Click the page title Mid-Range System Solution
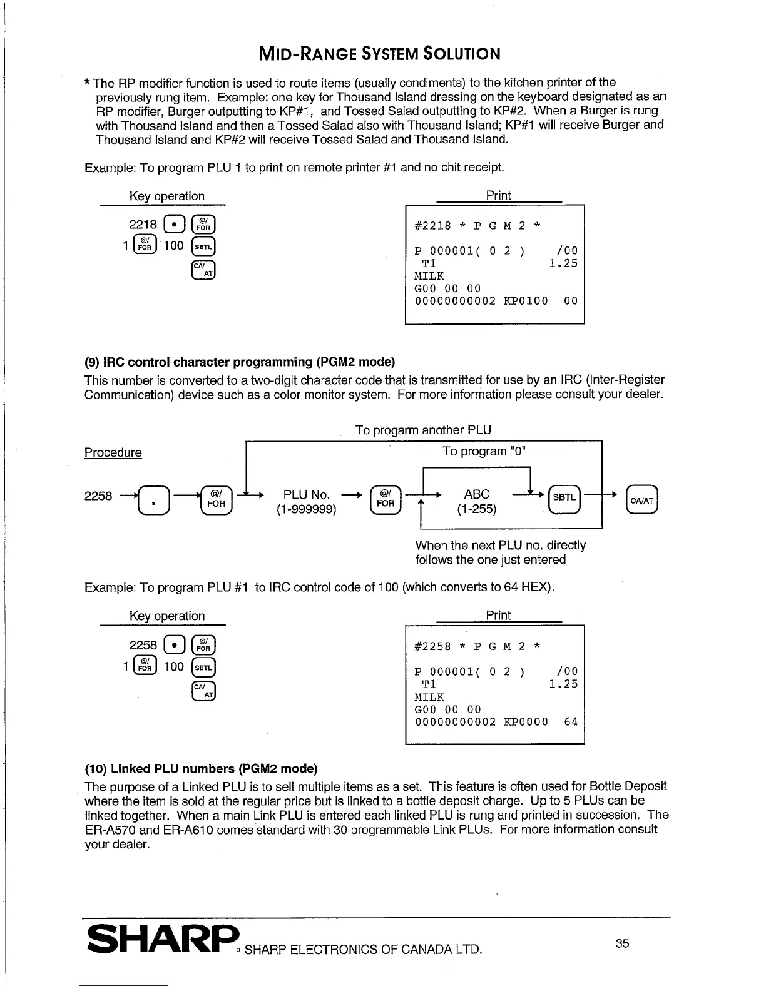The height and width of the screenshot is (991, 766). pyautogui.click(x=379, y=54)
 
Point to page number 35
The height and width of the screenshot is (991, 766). pyautogui.click(x=621, y=943)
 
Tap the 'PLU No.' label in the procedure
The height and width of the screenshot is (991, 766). pyautogui.click(x=307, y=495)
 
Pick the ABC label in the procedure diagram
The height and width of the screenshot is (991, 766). pyautogui.click(x=477, y=494)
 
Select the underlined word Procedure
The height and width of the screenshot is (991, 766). pyautogui.click(x=113, y=452)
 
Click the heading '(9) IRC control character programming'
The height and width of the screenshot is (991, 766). pyautogui.click(x=240, y=362)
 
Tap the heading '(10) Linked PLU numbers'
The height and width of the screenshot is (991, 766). pyautogui.click(x=201, y=768)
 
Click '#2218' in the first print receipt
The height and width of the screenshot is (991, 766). pyautogui.click(x=432, y=226)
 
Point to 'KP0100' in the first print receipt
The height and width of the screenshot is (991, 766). pyautogui.click(x=526, y=301)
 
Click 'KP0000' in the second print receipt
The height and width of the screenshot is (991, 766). pyautogui.click(x=526, y=722)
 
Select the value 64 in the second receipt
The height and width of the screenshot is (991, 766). pyautogui.click(x=571, y=722)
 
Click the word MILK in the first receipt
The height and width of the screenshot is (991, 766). pyautogui.click(x=429, y=276)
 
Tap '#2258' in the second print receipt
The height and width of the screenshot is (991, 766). pyautogui.click(x=432, y=646)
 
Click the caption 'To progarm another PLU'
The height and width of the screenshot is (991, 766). pyautogui.click(x=423, y=430)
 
